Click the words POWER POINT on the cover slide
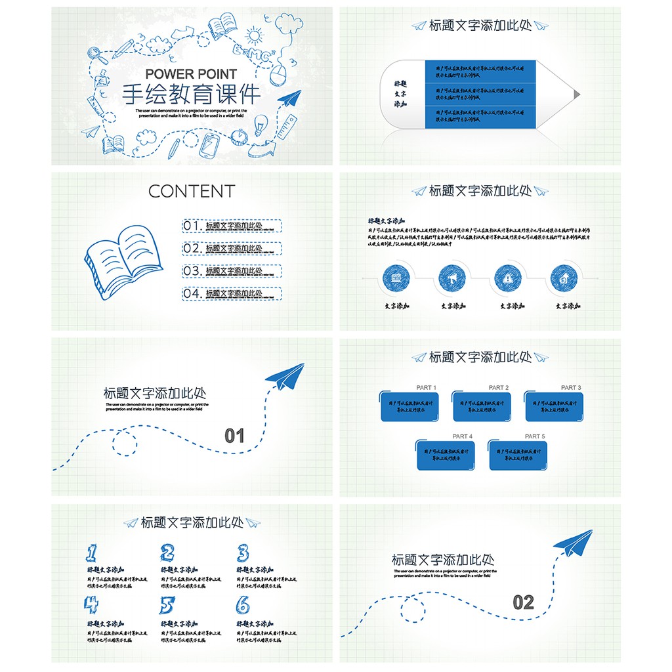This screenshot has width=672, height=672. pyautogui.click(x=191, y=74)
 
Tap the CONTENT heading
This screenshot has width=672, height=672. pyautogui.click(x=191, y=191)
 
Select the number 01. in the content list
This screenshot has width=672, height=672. pyautogui.click(x=193, y=226)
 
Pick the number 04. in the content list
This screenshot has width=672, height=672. pyautogui.click(x=193, y=293)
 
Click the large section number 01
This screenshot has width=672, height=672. pyautogui.click(x=234, y=436)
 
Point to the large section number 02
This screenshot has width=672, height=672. pyautogui.click(x=523, y=602)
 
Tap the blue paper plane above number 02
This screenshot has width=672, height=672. pyautogui.click(x=573, y=541)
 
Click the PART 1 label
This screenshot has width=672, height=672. pyautogui.click(x=426, y=388)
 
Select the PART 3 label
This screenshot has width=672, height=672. pyautogui.click(x=571, y=388)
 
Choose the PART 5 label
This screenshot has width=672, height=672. pyautogui.click(x=535, y=436)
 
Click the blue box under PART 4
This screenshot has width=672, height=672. pyautogui.click(x=446, y=455)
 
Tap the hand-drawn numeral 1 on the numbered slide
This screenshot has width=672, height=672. pyautogui.click(x=92, y=553)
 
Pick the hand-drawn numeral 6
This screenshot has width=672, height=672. pyautogui.click(x=243, y=604)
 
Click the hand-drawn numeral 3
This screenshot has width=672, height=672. pyautogui.click(x=243, y=553)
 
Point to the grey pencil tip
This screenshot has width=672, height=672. pyautogui.click(x=577, y=94)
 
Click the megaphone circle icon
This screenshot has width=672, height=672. pyautogui.click(x=453, y=278)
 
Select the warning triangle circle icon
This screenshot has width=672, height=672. pyautogui.click(x=509, y=278)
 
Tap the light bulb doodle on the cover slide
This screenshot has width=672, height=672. pyautogui.click(x=261, y=124)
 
